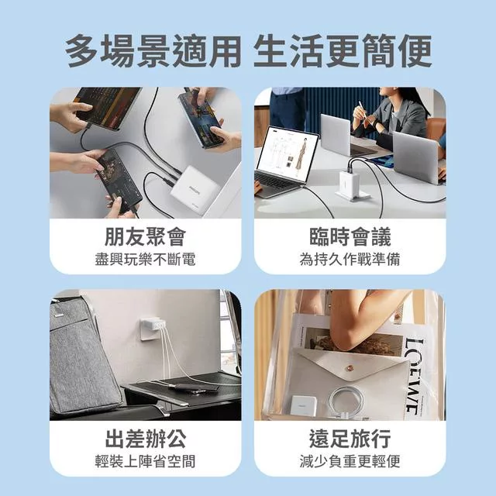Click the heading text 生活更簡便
pyautogui.click(x=343, y=51)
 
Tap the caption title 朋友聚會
pyautogui.click(x=145, y=236)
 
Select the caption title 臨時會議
pyautogui.click(x=350, y=236)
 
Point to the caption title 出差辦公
pyautogui.click(x=145, y=439)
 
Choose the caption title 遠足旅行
pyautogui.click(x=350, y=439)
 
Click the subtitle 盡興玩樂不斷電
pyautogui.click(x=145, y=260)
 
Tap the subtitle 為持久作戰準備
pyautogui.click(x=350, y=260)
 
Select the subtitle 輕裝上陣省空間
pyautogui.click(x=145, y=462)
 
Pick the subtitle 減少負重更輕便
pyautogui.click(x=350, y=462)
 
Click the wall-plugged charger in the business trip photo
pyautogui.click(x=153, y=329)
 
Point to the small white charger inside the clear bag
pyautogui.click(x=303, y=405)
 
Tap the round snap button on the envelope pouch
pyautogui.click(x=350, y=367)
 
